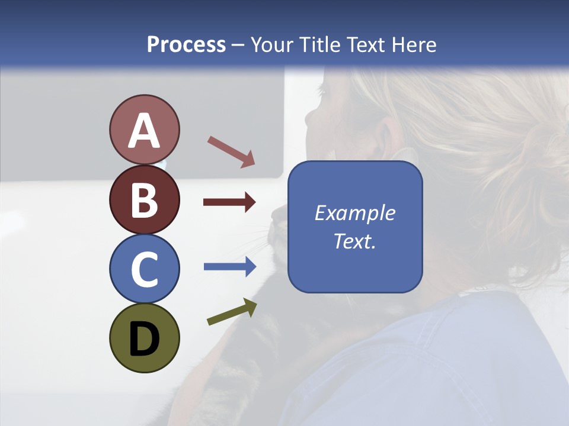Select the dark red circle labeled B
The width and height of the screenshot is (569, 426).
point(144,199)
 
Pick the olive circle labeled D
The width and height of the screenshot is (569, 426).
point(144,338)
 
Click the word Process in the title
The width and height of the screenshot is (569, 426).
point(186,45)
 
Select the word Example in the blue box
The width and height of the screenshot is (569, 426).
point(354,213)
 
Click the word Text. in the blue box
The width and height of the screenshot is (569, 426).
point(354,241)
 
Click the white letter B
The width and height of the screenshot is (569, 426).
point(144,200)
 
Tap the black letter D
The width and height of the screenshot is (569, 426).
point(144,338)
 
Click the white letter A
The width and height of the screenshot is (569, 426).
point(144,130)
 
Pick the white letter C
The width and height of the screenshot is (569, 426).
point(144,269)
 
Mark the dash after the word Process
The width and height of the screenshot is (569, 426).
point(238,46)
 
